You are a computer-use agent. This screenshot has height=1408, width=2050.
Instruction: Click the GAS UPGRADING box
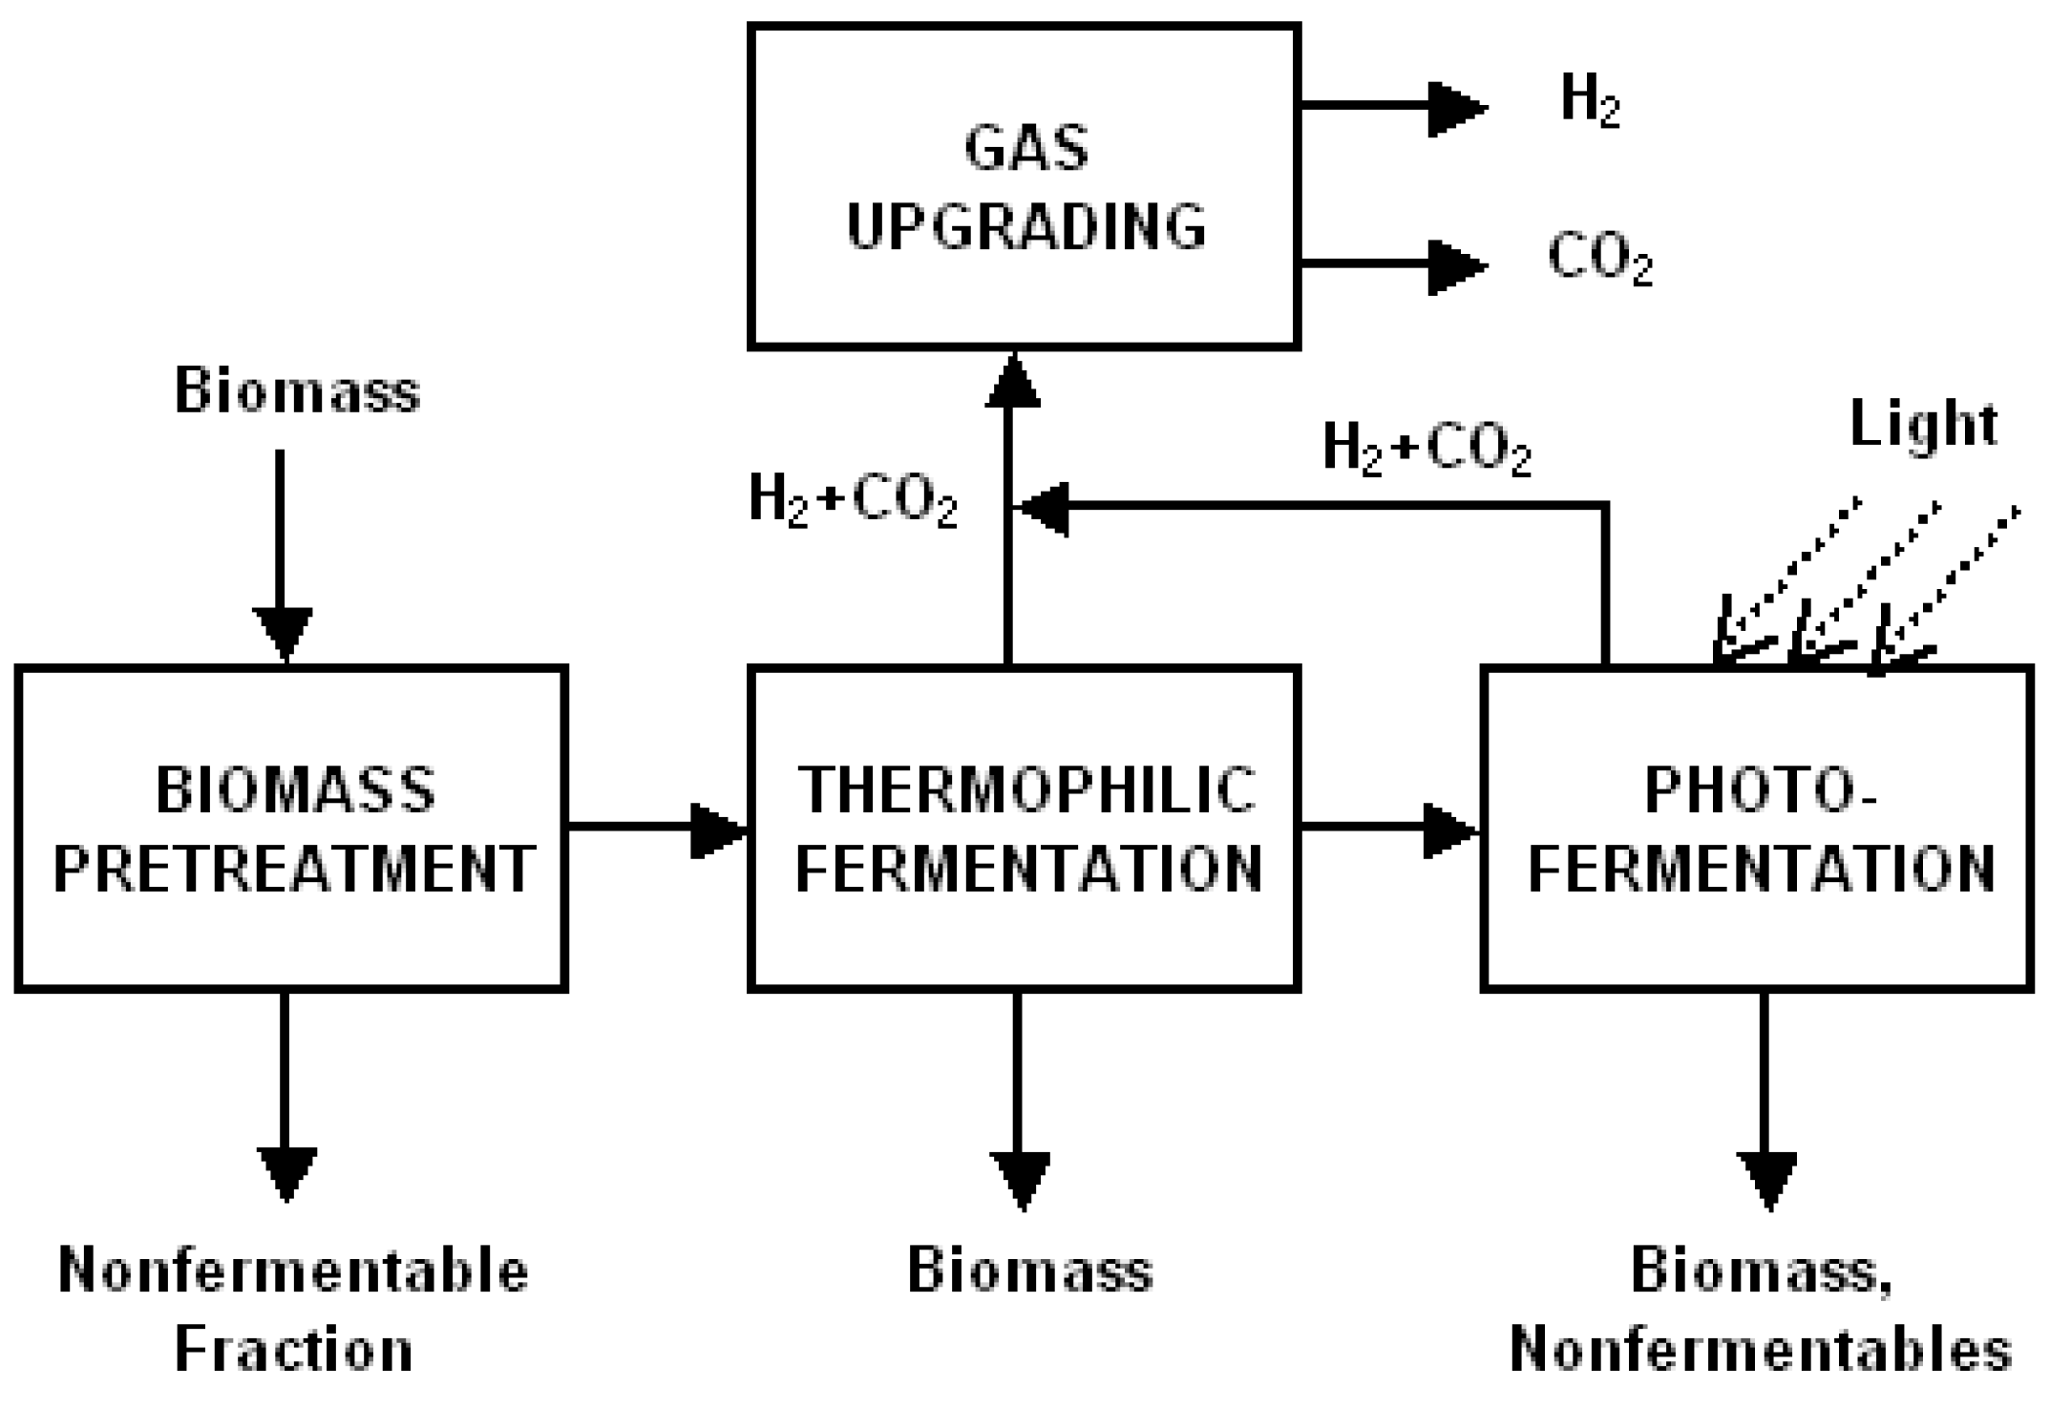click(x=1024, y=187)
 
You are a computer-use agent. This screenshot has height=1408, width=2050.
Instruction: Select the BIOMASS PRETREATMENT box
click(x=292, y=828)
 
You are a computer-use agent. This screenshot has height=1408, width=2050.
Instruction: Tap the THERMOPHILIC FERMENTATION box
click(x=1024, y=828)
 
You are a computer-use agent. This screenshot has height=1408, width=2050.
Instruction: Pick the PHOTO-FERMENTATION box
click(x=1758, y=828)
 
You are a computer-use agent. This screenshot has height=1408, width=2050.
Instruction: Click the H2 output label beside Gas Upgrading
click(x=1589, y=101)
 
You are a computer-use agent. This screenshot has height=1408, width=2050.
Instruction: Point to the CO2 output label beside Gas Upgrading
click(x=1598, y=259)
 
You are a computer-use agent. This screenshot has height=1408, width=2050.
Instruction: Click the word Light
click(x=1923, y=423)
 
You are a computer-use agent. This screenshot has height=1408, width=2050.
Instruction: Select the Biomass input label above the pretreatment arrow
click(x=297, y=391)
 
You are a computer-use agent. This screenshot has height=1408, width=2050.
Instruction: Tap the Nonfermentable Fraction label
click(x=293, y=1310)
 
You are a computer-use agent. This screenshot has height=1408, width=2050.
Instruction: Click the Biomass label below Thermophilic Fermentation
click(x=1029, y=1271)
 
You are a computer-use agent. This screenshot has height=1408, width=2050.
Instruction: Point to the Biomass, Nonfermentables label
click(x=1761, y=1310)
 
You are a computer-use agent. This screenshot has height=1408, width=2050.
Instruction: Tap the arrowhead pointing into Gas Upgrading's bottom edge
click(x=1012, y=382)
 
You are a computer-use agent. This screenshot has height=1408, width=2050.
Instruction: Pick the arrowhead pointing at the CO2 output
click(x=1456, y=266)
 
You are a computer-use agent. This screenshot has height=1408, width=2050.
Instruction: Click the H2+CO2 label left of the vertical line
click(x=852, y=500)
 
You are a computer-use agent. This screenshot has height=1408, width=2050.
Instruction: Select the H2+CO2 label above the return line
click(x=1427, y=448)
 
